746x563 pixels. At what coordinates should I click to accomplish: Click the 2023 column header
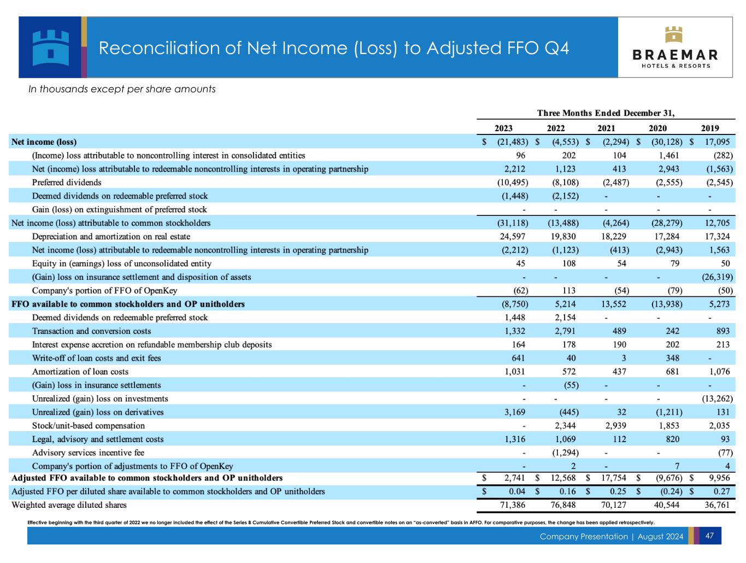click(503, 128)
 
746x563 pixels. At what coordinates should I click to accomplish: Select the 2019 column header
click(709, 128)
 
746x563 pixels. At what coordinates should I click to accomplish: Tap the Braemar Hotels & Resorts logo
click(675, 48)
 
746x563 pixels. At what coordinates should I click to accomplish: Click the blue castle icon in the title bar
click(50, 47)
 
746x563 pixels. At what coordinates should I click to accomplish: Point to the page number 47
click(709, 536)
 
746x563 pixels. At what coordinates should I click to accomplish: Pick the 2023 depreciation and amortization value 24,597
click(513, 237)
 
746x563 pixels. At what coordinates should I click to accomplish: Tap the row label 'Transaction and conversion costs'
click(91, 331)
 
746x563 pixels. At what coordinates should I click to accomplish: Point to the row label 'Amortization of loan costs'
click(80, 372)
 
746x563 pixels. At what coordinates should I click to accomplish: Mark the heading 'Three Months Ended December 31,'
click(606, 114)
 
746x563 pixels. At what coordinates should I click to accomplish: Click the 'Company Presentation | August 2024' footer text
click(611, 536)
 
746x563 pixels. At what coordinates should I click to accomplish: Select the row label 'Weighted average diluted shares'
click(69, 505)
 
